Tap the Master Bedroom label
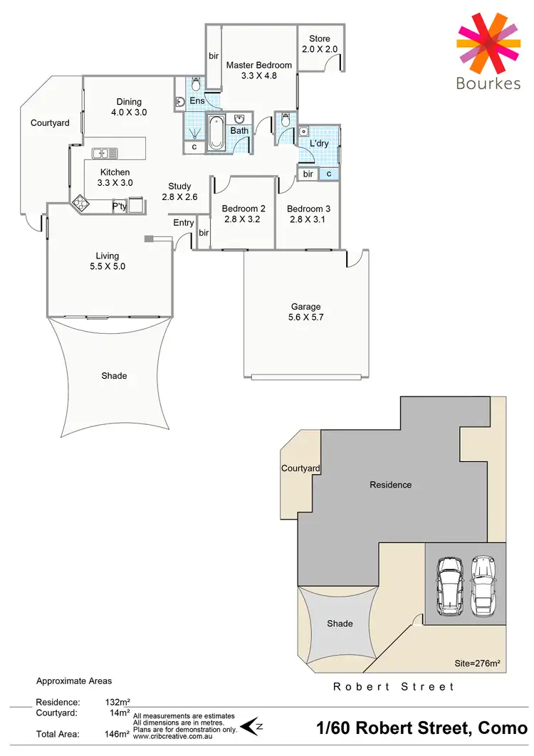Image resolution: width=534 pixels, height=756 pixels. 259,65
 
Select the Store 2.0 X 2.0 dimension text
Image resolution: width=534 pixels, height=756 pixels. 320,49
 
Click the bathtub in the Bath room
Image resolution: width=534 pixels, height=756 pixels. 216,133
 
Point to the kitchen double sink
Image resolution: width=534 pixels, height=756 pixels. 105,153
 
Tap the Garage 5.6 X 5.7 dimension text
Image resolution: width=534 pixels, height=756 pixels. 305,317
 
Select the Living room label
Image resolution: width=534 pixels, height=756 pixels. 108,256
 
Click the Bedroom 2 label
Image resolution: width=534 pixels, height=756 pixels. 244,209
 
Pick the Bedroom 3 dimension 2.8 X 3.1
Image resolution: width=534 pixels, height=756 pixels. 308,219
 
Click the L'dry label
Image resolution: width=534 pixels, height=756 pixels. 318,143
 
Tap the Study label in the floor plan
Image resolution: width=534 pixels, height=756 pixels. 179,187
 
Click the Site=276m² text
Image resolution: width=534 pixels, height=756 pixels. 477,663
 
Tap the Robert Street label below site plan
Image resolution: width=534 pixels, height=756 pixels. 394,687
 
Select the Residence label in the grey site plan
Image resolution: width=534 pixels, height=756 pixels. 390,485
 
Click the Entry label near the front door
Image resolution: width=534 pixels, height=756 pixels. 184,223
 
